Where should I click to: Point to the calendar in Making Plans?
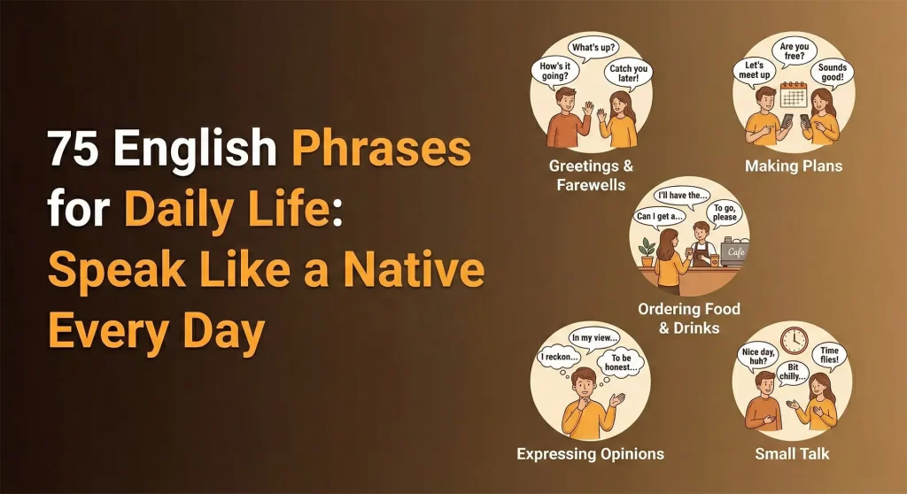coord(795,95)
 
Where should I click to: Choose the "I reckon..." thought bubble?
coord(559,359)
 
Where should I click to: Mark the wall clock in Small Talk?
coord(794,341)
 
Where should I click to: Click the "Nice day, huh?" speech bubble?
coord(758,359)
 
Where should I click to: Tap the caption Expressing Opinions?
coord(590,454)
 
